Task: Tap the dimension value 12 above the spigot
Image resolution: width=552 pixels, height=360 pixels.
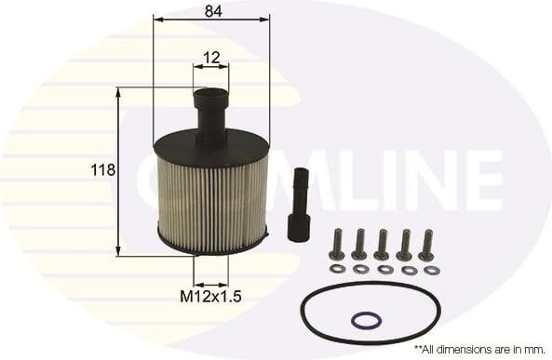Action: pyautogui.click(x=210, y=58)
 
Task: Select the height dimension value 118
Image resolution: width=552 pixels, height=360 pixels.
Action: pyautogui.click(x=103, y=170)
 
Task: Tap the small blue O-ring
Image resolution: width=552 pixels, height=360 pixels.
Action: pyautogui.click(x=366, y=321)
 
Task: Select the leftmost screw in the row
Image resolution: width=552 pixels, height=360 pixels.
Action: pyautogui.click(x=336, y=245)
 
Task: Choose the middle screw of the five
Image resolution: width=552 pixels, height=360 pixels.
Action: pyautogui.click(x=382, y=245)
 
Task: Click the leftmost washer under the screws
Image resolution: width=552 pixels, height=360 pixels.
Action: pyautogui.click(x=337, y=269)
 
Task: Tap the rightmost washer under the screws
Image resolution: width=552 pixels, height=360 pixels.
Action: pyautogui.click(x=432, y=270)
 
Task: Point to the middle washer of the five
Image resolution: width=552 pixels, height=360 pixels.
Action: pyautogui.click(x=384, y=270)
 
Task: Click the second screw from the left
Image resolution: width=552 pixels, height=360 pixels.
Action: pyautogui.click(x=359, y=245)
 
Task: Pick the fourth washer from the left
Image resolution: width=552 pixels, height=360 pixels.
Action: pyautogui.click(x=409, y=270)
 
